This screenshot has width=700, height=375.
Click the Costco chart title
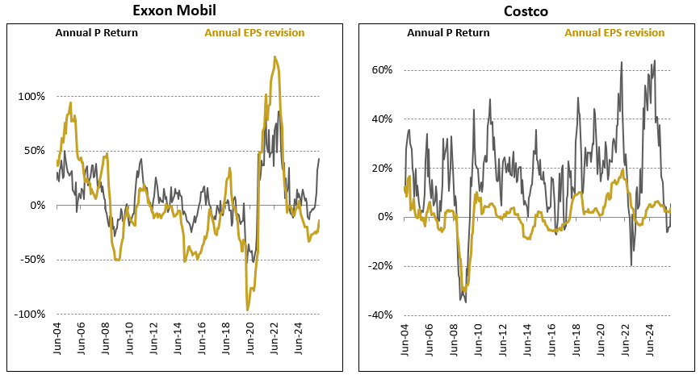point(526,10)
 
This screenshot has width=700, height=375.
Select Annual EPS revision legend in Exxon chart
point(254,33)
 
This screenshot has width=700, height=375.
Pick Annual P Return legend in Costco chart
point(448,33)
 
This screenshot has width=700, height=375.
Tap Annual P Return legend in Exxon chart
point(97,33)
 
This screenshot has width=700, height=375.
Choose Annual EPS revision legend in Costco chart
point(614,33)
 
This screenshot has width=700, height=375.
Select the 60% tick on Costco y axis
point(382,70)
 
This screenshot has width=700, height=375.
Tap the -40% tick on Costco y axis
point(380,315)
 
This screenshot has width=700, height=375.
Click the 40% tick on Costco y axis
point(382,119)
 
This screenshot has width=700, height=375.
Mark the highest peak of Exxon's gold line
point(275,57)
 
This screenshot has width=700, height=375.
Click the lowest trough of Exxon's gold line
point(247,310)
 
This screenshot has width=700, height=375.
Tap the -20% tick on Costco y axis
point(380,266)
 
